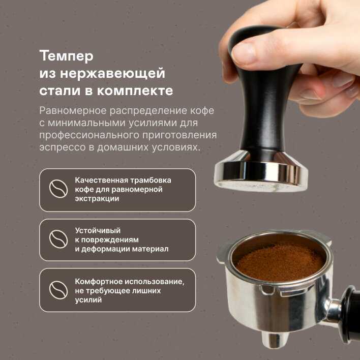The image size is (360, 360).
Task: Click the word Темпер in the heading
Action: pyautogui.click(x=66, y=56)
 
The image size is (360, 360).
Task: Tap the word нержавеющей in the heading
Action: pyautogui.click(x=112, y=73)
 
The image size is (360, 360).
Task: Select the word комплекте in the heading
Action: pyautogui.click(x=135, y=91)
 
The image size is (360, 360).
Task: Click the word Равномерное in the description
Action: pyautogui.click(x=73, y=111)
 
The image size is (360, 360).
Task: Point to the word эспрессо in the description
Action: pyautogui.click(x=63, y=147)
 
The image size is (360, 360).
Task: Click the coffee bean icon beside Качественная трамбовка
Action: pyautogui.click(x=58, y=189)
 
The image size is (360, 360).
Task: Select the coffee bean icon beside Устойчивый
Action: pyautogui.click(x=58, y=239)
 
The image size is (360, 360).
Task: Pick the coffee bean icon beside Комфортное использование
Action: pyautogui.click(x=58, y=290)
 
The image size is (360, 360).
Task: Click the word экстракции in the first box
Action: pyautogui.click(x=97, y=199)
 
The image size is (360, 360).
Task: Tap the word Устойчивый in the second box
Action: pyautogui.click(x=98, y=230)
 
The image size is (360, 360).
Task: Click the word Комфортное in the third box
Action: pyautogui.click(x=99, y=282)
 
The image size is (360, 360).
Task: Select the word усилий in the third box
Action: pyautogui.click(x=88, y=300)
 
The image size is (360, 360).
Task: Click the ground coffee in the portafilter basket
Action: pyautogui.click(x=281, y=262)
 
